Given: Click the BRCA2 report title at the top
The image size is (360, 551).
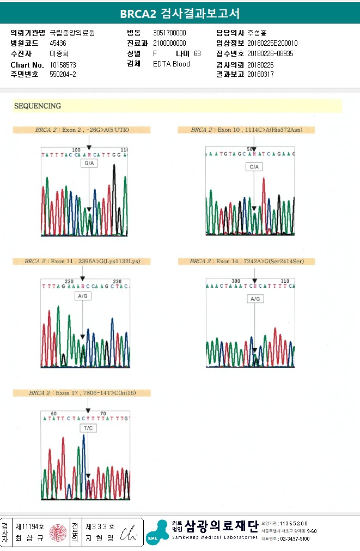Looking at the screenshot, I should click(180, 14).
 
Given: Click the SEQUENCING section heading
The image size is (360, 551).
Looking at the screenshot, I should click(38, 106).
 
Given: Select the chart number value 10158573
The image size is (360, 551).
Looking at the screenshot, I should click(63, 64).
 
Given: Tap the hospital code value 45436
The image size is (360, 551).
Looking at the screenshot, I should click(58, 43).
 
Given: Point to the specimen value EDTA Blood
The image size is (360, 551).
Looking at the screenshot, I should click(172, 64).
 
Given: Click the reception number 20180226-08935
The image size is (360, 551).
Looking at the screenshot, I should click(270, 53).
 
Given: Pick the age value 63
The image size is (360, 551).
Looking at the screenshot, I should click(197, 53).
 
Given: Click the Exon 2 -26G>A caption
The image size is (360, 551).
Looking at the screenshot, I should click(82, 130).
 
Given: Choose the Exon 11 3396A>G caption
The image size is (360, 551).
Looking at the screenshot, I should click(82, 262).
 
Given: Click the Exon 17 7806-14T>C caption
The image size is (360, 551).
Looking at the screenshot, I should click(82, 393).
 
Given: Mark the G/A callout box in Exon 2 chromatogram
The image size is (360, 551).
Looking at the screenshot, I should click(89, 164).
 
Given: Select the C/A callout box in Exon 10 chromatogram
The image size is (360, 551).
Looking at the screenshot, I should click(254, 167).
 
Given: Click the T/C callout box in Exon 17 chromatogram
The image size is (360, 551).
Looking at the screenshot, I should click(88, 428).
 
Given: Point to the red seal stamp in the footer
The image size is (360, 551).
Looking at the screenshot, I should click(57, 532).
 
